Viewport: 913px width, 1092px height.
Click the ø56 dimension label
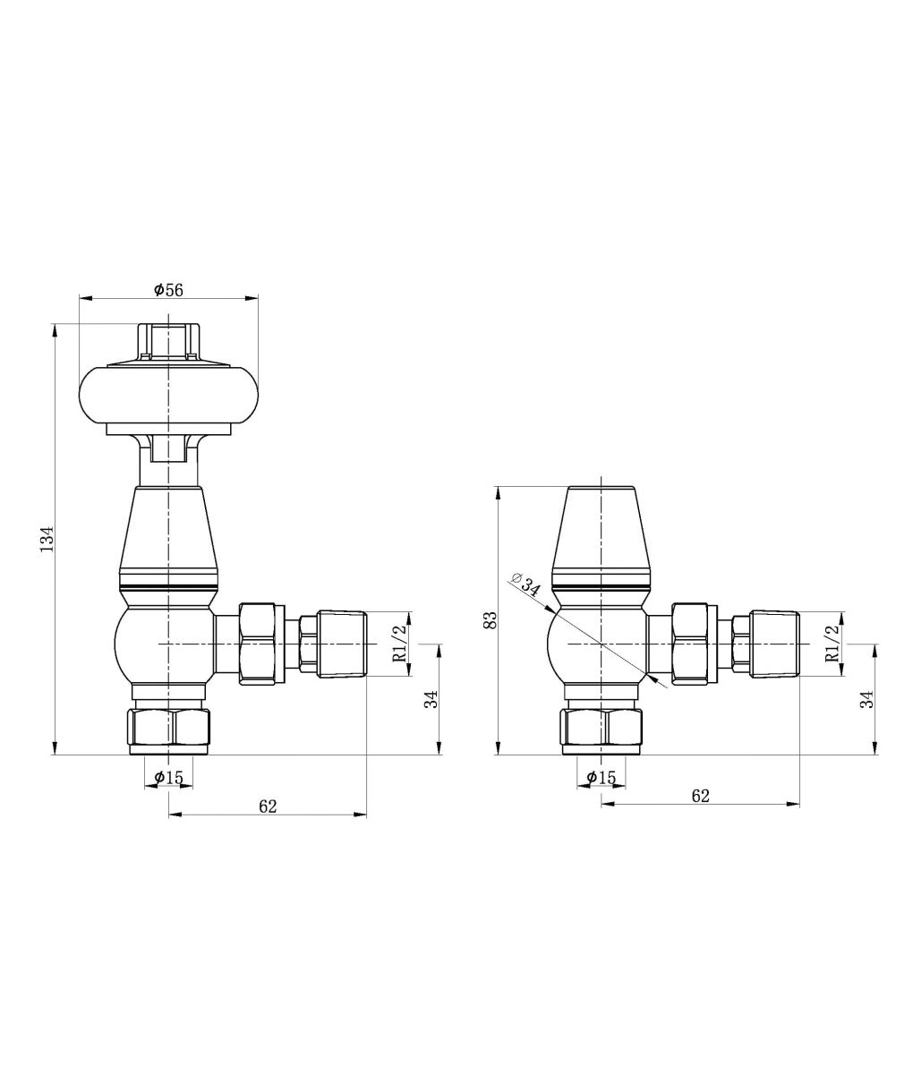pyautogui.click(x=168, y=289)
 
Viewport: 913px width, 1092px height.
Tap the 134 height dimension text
pyautogui.click(x=47, y=539)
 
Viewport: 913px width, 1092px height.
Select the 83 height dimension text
pyautogui.click(x=490, y=621)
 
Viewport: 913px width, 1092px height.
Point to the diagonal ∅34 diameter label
pyautogui.click(x=526, y=584)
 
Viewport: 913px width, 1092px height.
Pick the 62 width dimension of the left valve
pyautogui.click(x=268, y=806)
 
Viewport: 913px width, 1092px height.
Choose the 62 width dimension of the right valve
pyautogui.click(x=700, y=796)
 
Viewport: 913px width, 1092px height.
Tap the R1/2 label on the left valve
pyautogui.click(x=399, y=644)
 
